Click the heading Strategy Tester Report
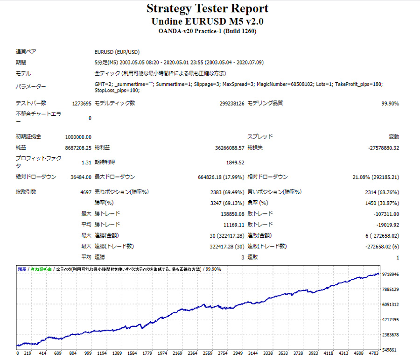207,8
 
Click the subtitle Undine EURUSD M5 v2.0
207,21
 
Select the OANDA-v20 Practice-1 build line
207,31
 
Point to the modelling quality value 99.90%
390,103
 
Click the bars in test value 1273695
82,103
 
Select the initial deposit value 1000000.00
78,137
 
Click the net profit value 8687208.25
78,148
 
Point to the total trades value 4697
85,192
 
